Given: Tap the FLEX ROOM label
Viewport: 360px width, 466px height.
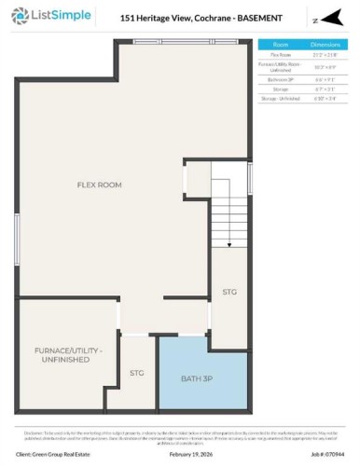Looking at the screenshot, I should (x=99, y=185).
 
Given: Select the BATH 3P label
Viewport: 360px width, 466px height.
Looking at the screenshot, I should (x=196, y=378).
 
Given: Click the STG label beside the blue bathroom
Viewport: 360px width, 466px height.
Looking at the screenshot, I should (x=136, y=374).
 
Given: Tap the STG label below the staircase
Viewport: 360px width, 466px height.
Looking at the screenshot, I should (x=229, y=292).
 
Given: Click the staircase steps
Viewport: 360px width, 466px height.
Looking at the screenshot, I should (x=228, y=214).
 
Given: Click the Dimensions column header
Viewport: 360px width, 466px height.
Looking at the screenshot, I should (x=325, y=45).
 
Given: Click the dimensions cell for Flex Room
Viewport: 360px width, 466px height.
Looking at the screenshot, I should (x=325, y=56).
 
